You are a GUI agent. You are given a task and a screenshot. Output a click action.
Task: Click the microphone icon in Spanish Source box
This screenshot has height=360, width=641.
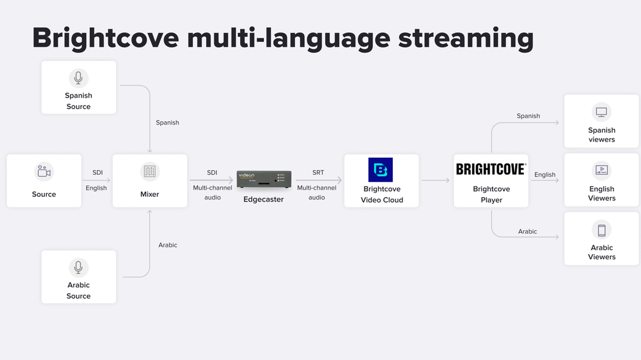pos(79,78)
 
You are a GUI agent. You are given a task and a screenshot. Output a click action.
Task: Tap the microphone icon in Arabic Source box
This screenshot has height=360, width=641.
pos(79,267)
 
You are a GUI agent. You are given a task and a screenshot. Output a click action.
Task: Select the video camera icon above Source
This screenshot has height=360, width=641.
pos(44,171)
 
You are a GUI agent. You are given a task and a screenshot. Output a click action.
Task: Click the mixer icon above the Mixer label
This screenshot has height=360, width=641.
pos(150,171)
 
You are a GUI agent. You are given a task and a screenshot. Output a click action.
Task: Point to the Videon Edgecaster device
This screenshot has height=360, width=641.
pos(264,179)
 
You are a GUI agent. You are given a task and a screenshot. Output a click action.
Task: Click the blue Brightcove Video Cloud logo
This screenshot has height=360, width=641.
pos(381,170)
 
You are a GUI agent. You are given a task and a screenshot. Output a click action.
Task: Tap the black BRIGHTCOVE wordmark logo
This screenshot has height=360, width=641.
pos(491,169)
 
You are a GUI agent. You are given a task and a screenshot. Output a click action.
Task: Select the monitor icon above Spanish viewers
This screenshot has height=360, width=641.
pos(601,112)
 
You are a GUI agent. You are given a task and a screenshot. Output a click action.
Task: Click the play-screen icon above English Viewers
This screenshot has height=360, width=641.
pos(601,170)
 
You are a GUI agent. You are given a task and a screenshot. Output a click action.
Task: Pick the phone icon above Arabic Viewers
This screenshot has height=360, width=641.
pos(601,230)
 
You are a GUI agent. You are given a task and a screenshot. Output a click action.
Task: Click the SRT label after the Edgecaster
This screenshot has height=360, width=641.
pos(318,173)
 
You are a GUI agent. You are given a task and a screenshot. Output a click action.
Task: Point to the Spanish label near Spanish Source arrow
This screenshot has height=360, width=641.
pos(167,123)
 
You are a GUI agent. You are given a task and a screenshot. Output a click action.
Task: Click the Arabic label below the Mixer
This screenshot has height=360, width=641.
pos(168,245)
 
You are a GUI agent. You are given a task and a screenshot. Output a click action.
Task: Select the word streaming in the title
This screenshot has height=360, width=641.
pos(466,38)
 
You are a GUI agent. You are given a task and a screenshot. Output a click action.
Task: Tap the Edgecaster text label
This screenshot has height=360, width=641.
pos(263,199)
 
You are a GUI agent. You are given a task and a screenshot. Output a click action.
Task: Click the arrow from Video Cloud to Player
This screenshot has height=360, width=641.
pos(436,181)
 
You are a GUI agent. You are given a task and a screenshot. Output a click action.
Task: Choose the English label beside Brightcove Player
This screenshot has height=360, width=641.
pos(545,175)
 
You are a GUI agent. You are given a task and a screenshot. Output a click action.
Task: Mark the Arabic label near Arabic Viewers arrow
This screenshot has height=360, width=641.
pos(527,232)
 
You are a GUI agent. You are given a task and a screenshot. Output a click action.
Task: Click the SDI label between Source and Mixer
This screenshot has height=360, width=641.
pos(97,173)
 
